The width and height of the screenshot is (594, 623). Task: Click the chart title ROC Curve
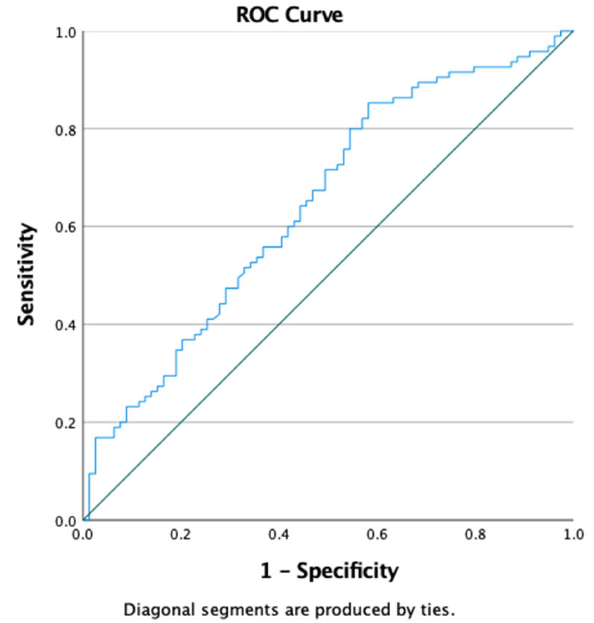[290, 15]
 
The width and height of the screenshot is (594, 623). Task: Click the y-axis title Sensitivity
[26, 274]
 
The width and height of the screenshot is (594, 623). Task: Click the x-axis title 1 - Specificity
[329, 571]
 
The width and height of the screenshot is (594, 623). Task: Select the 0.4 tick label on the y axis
[65, 325]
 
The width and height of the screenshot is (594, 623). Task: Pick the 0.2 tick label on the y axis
[65, 423]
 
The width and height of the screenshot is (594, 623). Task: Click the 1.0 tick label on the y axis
[65, 32]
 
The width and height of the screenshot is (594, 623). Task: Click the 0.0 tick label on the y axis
[65, 521]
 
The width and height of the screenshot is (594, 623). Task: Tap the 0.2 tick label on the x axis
[181, 535]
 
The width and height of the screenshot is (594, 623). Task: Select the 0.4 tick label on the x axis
[279, 535]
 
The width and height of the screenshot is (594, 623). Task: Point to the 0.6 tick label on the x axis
[377, 535]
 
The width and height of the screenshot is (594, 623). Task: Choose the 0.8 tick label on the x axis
[475, 535]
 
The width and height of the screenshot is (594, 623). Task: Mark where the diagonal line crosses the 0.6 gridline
[377, 226]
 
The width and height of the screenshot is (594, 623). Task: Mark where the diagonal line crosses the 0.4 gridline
[279, 324]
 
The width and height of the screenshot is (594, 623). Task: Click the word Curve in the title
[314, 15]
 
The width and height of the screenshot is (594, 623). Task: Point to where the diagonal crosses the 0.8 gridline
[475, 128]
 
